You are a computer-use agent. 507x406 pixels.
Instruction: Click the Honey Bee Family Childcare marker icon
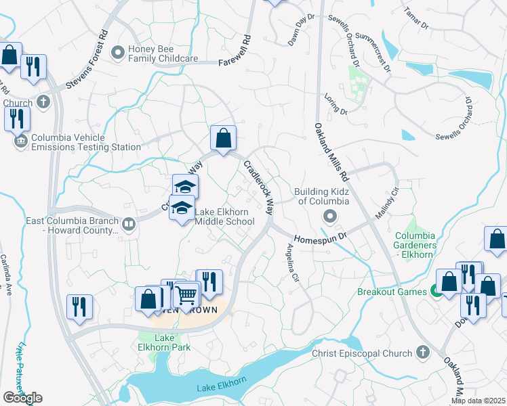[x=119, y=51]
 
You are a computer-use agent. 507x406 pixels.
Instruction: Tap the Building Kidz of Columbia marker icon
[x=329, y=216]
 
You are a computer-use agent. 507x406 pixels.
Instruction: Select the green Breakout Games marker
[x=437, y=292]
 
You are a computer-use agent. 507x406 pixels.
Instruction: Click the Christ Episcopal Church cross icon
[x=422, y=353]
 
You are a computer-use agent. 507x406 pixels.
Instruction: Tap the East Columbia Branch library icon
[x=128, y=223]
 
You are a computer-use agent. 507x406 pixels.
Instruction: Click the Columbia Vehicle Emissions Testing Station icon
[x=20, y=141]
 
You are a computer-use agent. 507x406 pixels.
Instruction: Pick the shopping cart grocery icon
[x=186, y=294]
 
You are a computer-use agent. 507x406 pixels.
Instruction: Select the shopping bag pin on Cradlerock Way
[x=222, y=139]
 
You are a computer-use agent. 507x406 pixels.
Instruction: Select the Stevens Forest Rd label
[x=87, y=60]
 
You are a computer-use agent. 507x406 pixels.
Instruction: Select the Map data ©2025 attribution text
[x=478, y=401]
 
